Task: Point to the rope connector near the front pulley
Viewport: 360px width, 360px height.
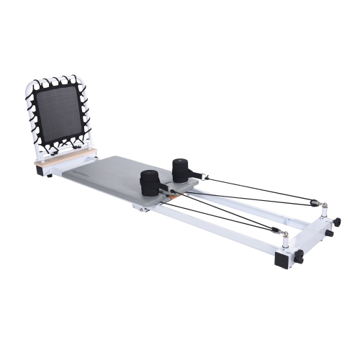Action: pyautogui.click(x=274, y=231)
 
